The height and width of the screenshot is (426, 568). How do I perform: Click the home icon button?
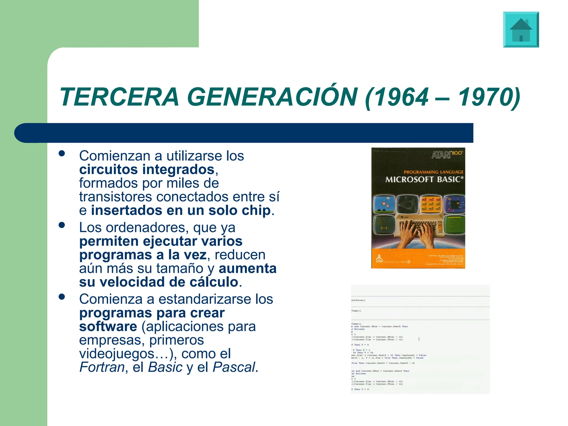[521, 30]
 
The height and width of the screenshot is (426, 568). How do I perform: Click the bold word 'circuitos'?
[108, 169]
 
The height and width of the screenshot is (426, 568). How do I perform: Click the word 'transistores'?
[116, 197]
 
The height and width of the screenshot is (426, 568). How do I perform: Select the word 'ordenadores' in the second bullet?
[146, 228]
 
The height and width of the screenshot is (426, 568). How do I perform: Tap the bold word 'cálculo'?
[214, 282]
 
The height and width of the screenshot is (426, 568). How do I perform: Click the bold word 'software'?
[108, 326]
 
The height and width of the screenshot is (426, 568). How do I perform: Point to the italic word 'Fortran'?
[102, 367]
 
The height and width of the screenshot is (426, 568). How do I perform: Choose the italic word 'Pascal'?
[234, 367]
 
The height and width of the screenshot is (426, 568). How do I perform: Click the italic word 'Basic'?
[165, 367]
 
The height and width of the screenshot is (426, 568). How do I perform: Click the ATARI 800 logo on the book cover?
[447, 154]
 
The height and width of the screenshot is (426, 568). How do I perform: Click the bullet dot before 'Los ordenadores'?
[62, 225]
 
